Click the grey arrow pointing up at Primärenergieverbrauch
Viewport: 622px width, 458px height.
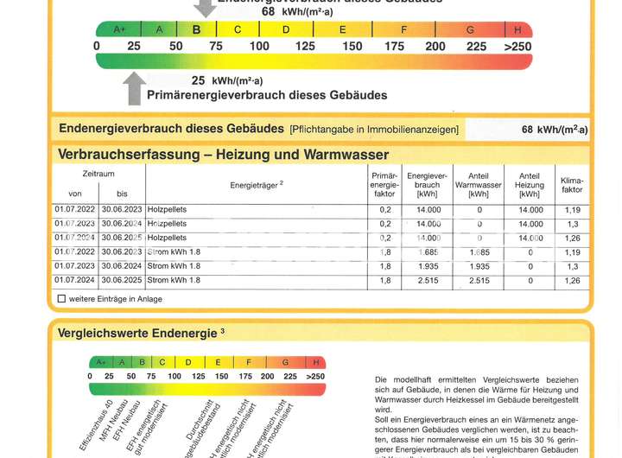click(134, 87)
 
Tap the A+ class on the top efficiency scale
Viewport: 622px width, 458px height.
click(119, 29)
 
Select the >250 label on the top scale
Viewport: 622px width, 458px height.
click(518, 46)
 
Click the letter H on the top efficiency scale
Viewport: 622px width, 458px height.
click(517, 29)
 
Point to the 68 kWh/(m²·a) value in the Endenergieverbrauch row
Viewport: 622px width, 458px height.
click(554, 130)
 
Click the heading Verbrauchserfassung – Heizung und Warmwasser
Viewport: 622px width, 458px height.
click(223, 155)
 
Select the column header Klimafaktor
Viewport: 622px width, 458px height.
click(571, 183)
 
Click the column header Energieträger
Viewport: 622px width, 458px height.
click(257, 184)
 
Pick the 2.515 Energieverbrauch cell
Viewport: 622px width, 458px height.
click(428, 280)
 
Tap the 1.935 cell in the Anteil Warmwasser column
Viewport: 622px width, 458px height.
click(479, 266)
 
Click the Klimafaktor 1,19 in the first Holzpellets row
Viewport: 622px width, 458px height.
click(571, 209)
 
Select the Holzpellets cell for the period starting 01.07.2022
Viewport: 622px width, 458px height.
click(168, 209)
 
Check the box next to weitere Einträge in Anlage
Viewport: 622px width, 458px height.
click(61, 299)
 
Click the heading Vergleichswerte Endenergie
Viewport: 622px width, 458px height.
click(140, 333)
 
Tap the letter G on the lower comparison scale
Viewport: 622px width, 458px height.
click(283, 362)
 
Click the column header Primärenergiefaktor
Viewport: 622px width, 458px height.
click(384, 184)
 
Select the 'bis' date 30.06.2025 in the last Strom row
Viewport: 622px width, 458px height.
click(122, 280)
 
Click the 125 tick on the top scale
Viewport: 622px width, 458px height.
click(305, 46)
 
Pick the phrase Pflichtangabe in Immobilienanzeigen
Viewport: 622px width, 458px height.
click(374, 130)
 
